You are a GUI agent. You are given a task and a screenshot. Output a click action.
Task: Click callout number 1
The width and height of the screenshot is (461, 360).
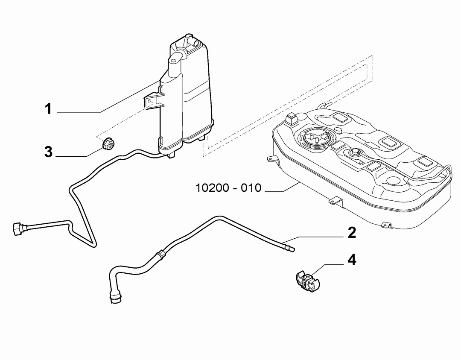[x=48, y=109]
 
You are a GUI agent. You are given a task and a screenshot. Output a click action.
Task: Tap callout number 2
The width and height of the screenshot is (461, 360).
[x=352, y=232]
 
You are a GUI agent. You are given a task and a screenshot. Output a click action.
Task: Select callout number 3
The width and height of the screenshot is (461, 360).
[x=48, y=152]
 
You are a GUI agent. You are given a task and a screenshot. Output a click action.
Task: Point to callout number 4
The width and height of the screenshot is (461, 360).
[x=352, y=260]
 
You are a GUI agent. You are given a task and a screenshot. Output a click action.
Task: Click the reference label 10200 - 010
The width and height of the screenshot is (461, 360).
[x=228, y=187]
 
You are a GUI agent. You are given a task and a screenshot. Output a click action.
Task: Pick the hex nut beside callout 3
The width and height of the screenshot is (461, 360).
[x=108, y=143]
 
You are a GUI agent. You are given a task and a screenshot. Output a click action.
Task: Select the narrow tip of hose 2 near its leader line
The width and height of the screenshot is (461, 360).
[x=289, y=248]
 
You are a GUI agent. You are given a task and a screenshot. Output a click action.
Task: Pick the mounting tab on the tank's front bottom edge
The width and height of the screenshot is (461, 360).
[x=336, y=201]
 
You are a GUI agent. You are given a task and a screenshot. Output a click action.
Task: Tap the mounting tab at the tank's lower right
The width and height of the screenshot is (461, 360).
[x=387, y=225]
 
